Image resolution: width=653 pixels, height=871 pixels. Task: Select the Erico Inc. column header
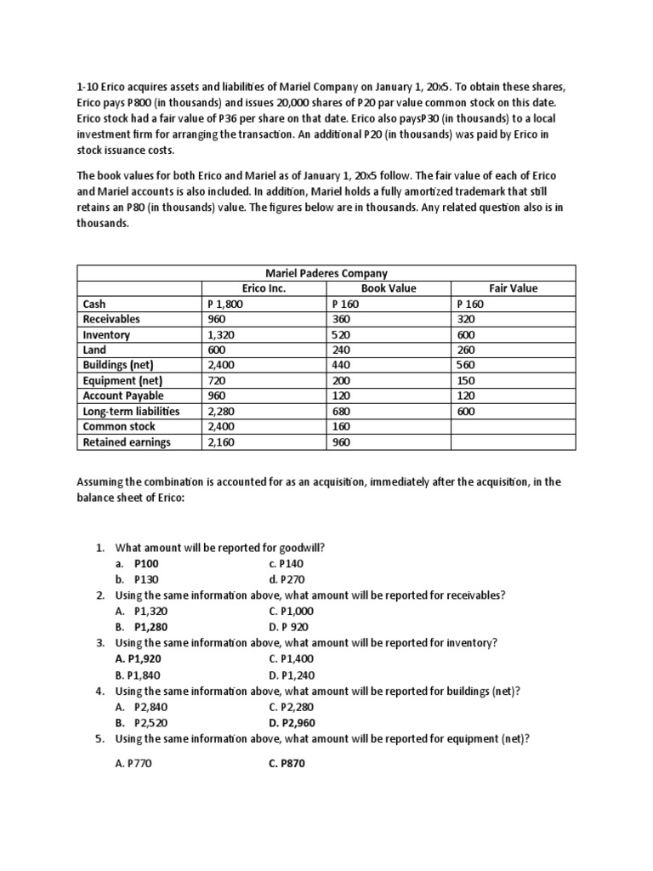click(264, 288)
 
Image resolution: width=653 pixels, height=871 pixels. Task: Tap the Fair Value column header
click(514, 288)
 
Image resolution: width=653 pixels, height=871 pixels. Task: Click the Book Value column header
click(389, 288)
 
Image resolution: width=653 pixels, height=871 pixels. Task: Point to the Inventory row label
click(106, 334)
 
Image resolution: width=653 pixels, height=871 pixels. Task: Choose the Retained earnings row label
click(127, 441)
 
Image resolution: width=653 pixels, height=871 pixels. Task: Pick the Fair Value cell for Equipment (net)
click(467, 380)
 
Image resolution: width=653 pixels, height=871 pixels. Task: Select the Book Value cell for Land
click(342, 350)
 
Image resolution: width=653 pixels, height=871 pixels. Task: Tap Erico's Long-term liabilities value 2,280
click(222, 411)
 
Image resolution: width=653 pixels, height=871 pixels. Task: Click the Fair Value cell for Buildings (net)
click(467, 365)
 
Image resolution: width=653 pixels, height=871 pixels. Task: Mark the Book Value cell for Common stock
click(342, 426)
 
